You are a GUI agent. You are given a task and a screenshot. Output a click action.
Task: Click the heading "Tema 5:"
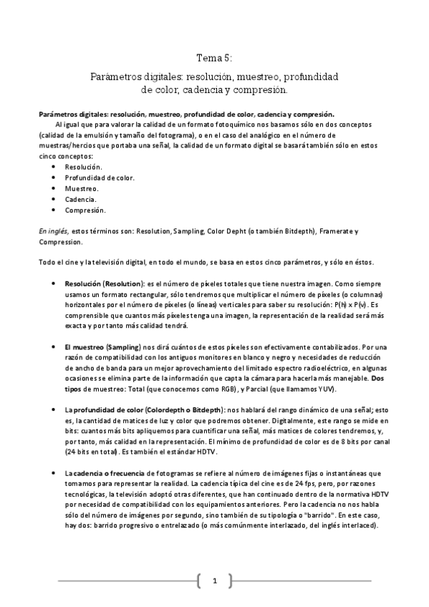(x=214, y=58)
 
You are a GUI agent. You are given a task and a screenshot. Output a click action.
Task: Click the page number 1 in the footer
(x=214, y=581)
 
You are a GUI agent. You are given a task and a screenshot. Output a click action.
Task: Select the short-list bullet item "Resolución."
(x=83, y=166)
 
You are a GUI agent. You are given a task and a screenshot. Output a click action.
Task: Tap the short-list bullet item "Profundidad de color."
(x=100, y=177)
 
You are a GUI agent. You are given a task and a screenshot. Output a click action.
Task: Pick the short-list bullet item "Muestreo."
(x=82, y=188)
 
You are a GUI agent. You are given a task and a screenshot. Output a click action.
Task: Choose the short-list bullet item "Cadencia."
(x=81, y=199)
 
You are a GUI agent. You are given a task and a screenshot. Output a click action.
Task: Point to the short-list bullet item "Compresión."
(x=85, y=210)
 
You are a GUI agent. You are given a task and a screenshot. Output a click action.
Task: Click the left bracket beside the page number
(x=198, y=581)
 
